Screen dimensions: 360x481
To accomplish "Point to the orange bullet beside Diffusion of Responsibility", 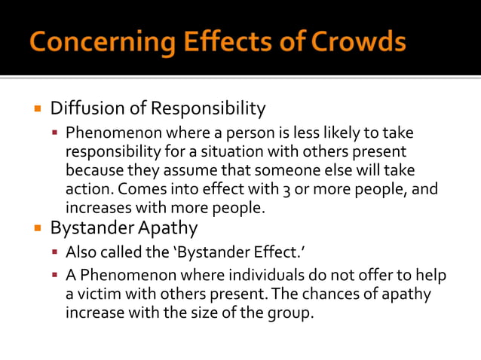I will tap(36, 108).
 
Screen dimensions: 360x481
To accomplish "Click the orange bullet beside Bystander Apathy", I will tap(36, 227).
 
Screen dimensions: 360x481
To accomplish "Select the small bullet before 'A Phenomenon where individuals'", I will tap(55, 276).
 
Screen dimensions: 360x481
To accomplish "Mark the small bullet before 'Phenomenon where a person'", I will tap(55, 133).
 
